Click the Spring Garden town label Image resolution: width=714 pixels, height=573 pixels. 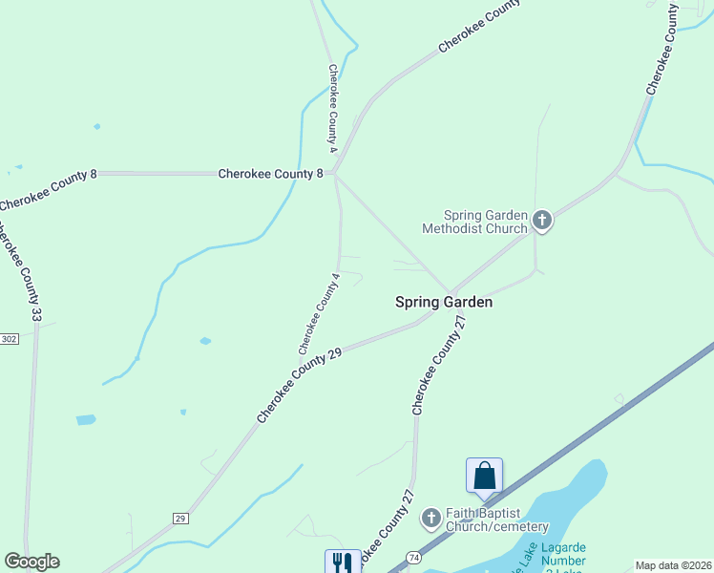(445, 302)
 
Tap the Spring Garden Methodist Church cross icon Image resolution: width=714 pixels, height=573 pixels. (542, 222)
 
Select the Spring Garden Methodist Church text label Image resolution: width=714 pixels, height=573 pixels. (474, 222)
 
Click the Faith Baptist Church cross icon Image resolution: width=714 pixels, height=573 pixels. (430, 519)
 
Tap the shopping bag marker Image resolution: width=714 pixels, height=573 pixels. (484, 476)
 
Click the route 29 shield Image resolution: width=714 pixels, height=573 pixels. (179, 518)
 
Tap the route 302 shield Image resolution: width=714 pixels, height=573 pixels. (9, 339)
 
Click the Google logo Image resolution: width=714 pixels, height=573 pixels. (31, 562)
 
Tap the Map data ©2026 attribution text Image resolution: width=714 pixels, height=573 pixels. (674, 565)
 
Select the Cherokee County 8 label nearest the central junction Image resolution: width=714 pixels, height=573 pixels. (271, 174)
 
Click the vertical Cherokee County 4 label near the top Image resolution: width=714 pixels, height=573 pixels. (333, 108)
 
